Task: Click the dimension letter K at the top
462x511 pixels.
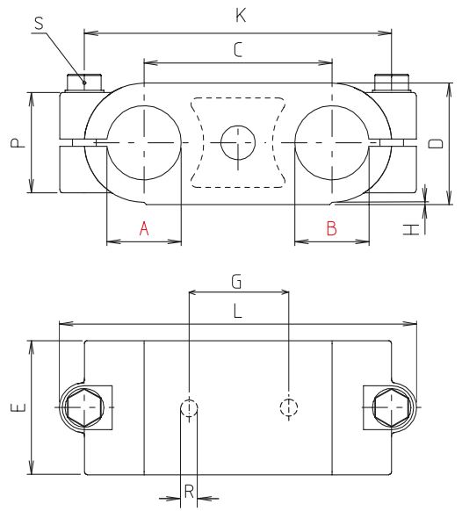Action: [x=239, y=15]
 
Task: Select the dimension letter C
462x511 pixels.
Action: [x=237, y=51]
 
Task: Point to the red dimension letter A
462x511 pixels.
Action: [x=144, y=229]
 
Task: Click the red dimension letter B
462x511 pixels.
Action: [x=331, y=229]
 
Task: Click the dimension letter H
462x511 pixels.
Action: [x=410, y=229]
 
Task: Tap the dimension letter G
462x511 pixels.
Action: [x=236, y=281]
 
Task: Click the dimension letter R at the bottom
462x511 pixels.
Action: [x=188, y=493]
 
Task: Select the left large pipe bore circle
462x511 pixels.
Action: [x=144, y=143]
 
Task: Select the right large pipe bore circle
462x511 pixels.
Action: [x=331, y=143]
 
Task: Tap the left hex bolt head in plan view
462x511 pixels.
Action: [x=83, y=408]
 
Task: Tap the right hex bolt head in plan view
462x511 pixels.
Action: [x=391, y=408]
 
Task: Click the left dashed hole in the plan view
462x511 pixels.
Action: [x=190, y=407]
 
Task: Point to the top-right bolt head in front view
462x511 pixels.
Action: [x=392, y=83]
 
